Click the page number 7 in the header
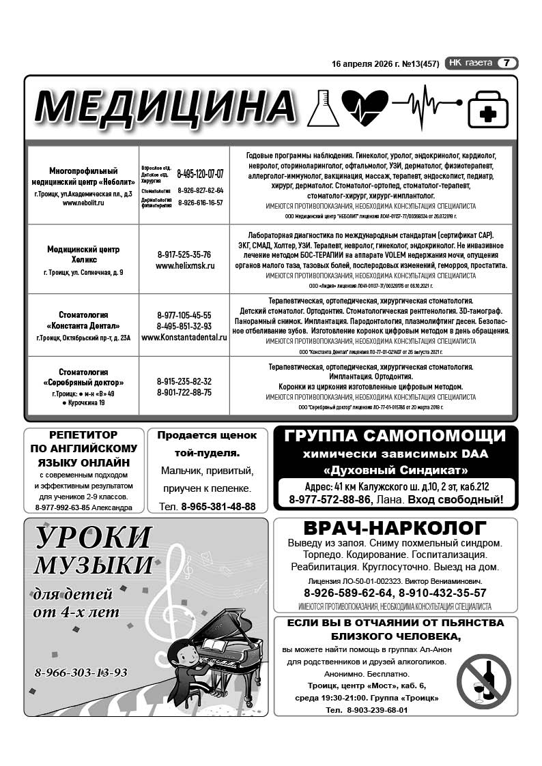tap(507, 63)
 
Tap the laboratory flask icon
tap(322, 107)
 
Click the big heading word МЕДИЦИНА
tap(165, 107)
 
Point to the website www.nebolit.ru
tap(83, 203)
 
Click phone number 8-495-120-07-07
tap(200, 174)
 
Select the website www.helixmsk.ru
tap(184, 265)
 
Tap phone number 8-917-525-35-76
tap(184, 254)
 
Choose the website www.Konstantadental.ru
tap(184, 337)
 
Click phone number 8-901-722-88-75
tap(184, 392)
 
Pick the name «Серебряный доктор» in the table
tap(83, 383)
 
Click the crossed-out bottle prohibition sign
tap(484, 681)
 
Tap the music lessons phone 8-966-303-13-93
tap(81, 673)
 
